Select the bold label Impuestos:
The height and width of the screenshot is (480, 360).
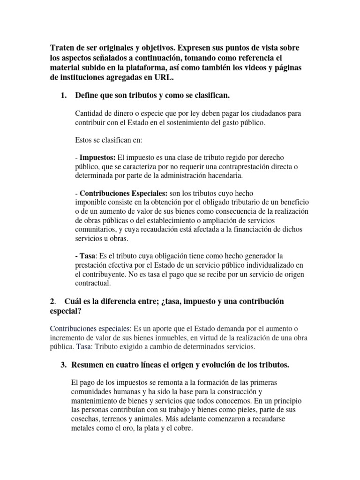[97, 157]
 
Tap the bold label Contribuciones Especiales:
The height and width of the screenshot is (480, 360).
[123, 193]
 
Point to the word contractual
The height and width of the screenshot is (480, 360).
[93, 284]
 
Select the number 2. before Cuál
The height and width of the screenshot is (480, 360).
[52, 301]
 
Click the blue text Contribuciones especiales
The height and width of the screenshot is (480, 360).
[91, 328]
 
